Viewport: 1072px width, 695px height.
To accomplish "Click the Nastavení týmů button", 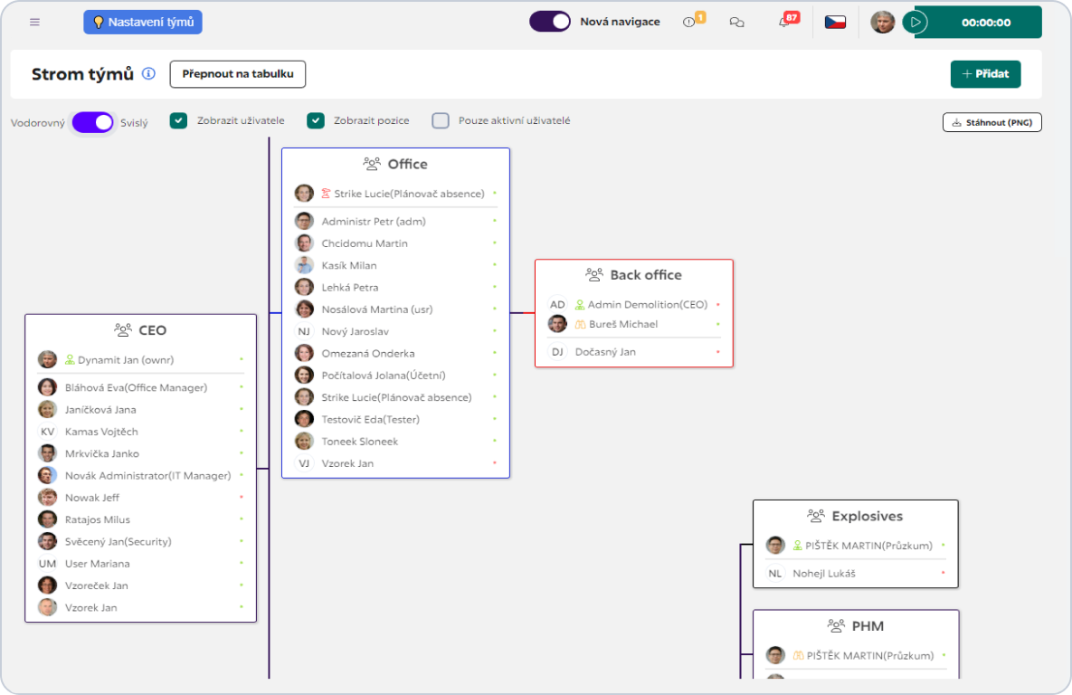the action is (143, 22).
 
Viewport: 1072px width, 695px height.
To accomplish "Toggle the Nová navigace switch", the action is (550, 21).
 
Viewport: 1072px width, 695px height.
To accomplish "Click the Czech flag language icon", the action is (835, 22).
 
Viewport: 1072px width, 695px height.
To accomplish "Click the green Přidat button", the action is (985, 74).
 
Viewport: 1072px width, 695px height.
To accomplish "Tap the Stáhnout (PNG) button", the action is (992, 122).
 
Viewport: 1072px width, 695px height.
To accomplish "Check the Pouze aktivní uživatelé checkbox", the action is (441, 121).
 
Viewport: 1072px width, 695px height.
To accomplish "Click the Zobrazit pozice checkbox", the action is (315, 121).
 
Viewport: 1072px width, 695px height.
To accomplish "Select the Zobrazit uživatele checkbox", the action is (178, 121).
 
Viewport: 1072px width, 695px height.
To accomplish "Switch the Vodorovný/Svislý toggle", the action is (93, 122).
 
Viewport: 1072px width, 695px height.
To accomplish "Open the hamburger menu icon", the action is (35, 22).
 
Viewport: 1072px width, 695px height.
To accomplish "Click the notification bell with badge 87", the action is (785, 22).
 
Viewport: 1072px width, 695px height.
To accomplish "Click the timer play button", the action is (915, 22).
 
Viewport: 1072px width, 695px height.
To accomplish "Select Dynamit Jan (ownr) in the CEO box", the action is (126, 360).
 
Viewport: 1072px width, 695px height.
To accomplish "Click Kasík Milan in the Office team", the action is (348, 265).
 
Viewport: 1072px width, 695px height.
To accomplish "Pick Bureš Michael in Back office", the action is (622, 324).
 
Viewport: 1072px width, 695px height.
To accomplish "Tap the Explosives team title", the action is (867, 516).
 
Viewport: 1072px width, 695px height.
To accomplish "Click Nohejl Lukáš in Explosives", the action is (824, 573).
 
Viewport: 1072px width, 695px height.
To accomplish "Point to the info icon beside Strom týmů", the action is (148, 74).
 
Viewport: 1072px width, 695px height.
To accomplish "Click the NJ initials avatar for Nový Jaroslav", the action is (304, 331).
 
